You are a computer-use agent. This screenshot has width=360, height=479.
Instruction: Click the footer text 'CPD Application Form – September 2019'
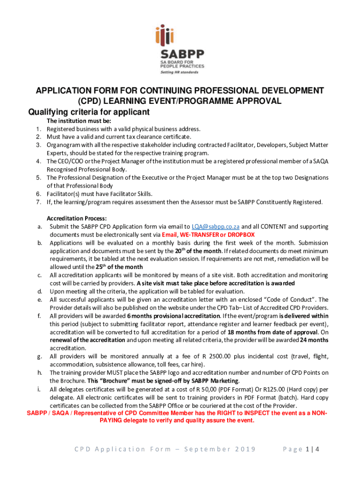click(165, 450)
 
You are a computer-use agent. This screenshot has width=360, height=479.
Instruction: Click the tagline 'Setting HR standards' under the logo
click(179, 72)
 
